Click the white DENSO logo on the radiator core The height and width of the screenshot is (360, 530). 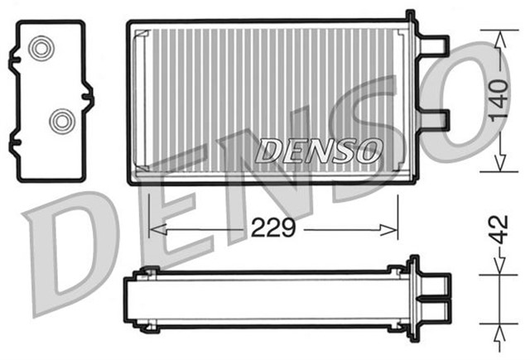(319, 151)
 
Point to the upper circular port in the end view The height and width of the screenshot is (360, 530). (40, 49)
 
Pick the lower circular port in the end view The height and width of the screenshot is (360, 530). (60, 122)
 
